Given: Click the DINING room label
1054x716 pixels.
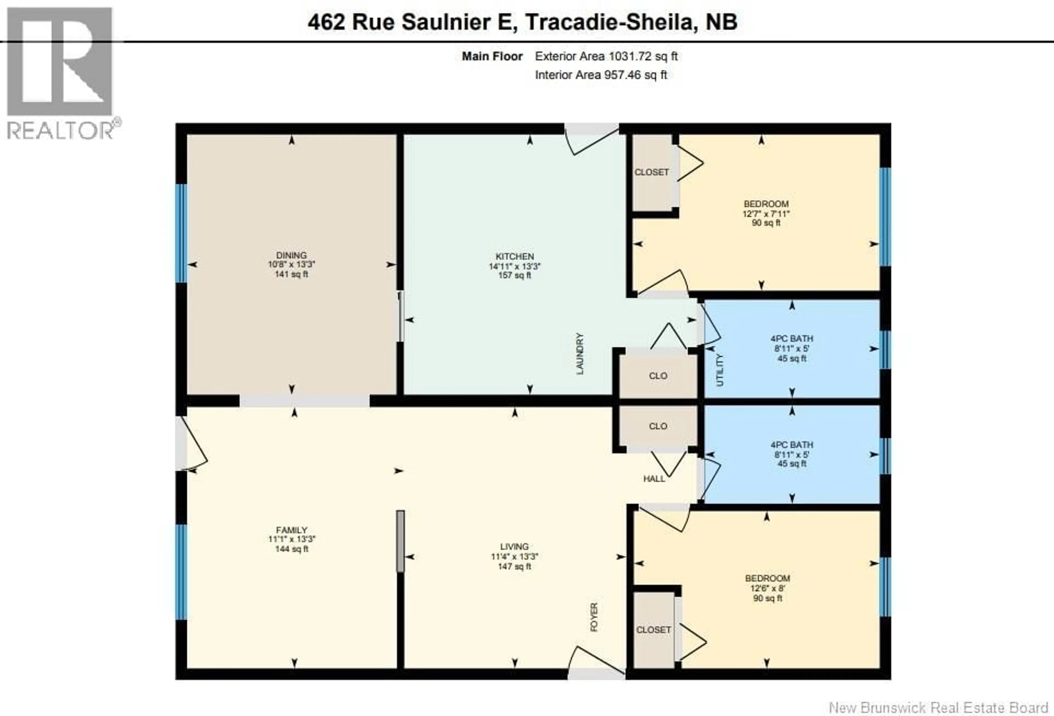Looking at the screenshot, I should click(291, 255).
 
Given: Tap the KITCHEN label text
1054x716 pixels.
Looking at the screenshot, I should click(514, 256).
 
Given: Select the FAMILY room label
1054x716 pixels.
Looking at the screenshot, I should click(291, 530).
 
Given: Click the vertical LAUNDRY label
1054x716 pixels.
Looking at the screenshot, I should click(580, 354).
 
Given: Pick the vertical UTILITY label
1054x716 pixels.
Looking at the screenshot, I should click(720, 370).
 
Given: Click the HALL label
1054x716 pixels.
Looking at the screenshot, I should click(654, 479).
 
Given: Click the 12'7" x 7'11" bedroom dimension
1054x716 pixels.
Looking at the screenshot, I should click(766, 213).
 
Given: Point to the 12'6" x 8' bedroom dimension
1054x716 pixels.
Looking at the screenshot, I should click(767, 588).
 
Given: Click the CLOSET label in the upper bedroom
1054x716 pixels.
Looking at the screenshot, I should click(651, 172).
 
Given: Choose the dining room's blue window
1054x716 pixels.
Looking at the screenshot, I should click(181, 233).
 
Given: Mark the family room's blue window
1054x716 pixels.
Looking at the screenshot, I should click(181, 572).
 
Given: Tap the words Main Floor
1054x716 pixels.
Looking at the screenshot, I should click(492, 56).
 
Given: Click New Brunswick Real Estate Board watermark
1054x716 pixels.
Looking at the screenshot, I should click(938, 707).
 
